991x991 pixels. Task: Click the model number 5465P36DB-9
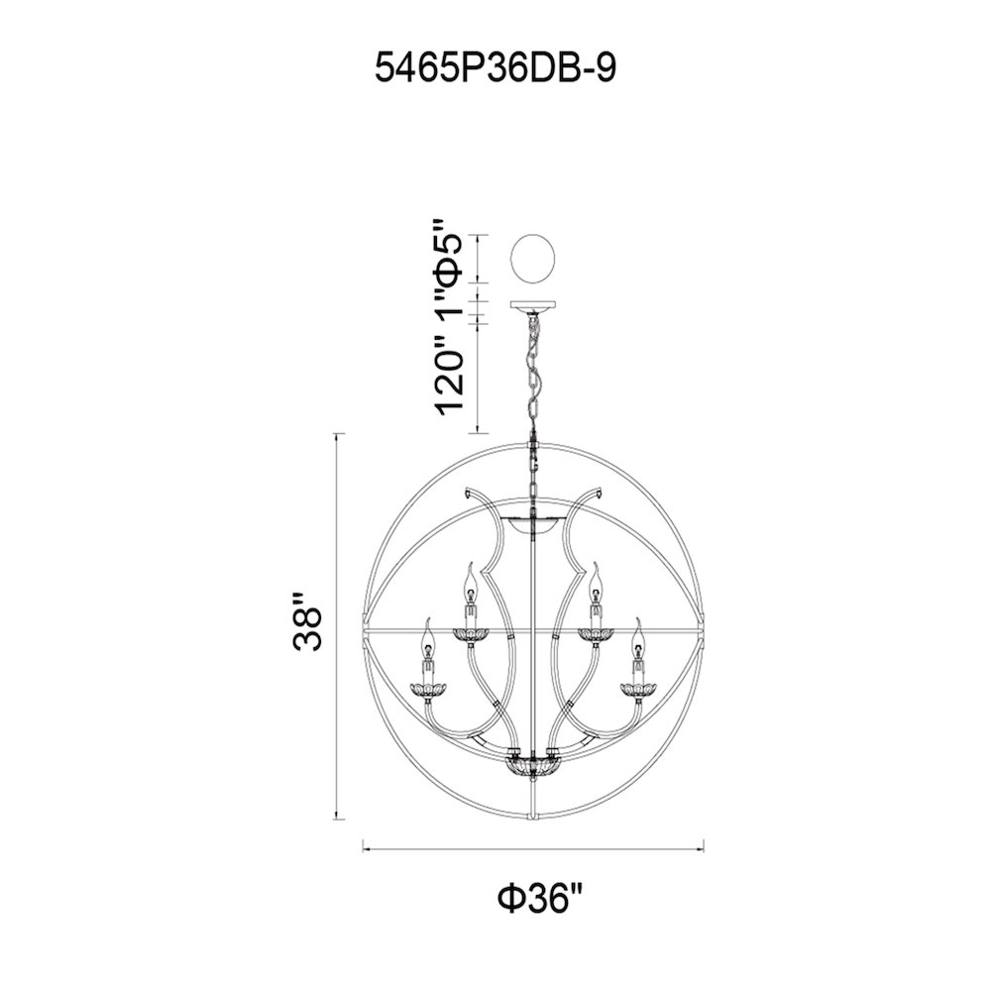[495, 68]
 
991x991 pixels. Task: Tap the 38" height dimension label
[308, 621]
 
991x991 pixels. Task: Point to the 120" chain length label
[450, 377]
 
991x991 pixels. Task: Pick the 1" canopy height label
[450, 311]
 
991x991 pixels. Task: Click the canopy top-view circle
[533, 260]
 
